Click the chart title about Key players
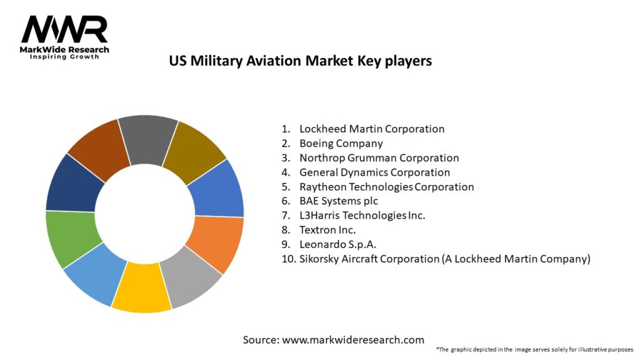click(x=301, y=61)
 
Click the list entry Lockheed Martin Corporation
click(x=372, y=129)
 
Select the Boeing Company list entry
click(x=341, y=143)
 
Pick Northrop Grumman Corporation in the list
click(x=379, y=157)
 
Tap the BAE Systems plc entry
click(x=339, y=201)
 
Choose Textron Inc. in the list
click(x=327, y=229)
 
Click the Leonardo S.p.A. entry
click(x=337, y=244)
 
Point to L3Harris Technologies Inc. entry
click(x=362, y=215)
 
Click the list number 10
click(x=287, y=259)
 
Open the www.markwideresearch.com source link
click(x=354, y=339)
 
